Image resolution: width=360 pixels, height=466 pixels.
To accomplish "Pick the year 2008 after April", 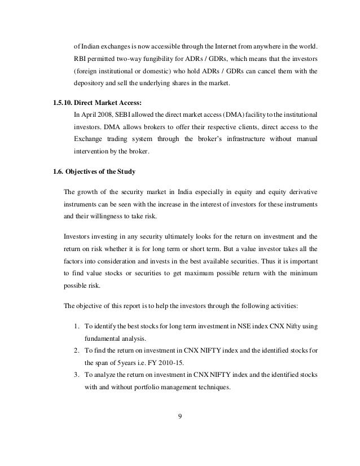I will pos(106,114).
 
